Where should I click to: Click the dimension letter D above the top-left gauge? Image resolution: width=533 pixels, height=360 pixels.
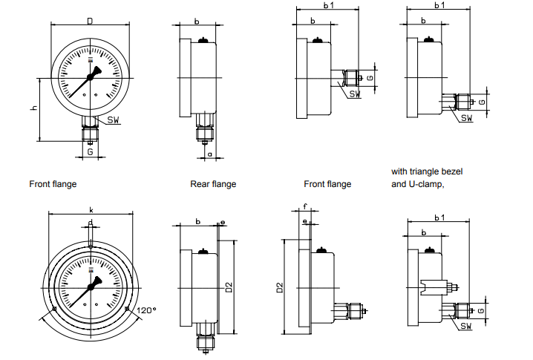click(x=90, y=21)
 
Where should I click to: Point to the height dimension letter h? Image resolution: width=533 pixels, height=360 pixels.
click(x=33, y=108)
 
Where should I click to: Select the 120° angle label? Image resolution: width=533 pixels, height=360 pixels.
click(x=146, y=310)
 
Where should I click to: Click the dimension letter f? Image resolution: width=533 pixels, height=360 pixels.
click(x=304, y=206)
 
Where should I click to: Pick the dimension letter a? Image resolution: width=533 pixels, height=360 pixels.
click(x=210, y=154)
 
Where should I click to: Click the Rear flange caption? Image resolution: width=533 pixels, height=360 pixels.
click(x=213, y=184)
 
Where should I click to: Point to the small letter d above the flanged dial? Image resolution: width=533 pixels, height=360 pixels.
click(x=90, y=223)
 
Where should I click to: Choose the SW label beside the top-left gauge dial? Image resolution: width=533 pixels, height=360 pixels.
click(x=114, y=120)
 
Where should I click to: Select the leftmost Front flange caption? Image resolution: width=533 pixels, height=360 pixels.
click(x=53, y=184)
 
